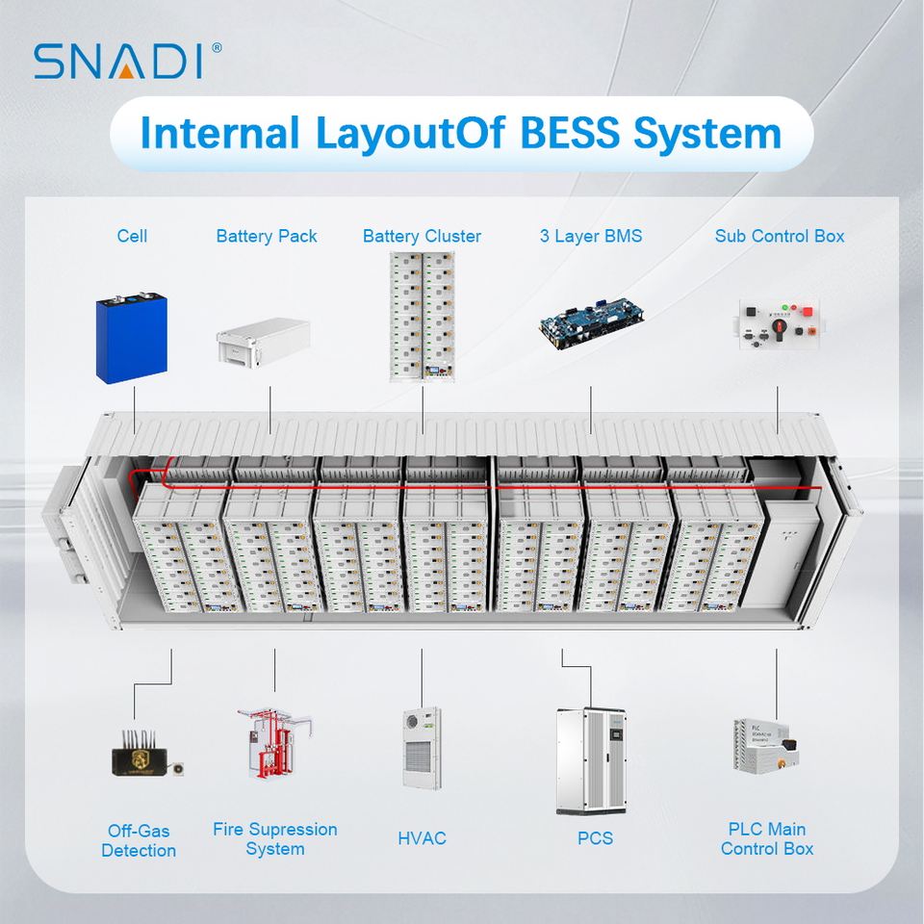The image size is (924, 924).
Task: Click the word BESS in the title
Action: tap(570, 133)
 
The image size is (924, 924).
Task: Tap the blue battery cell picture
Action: tap(132, 338)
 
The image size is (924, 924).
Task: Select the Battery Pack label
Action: tap(267, 237)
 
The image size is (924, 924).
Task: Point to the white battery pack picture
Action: tap(264, 343)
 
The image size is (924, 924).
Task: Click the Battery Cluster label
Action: tap(422, 237)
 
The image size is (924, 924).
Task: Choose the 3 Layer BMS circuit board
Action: tap(591, 323)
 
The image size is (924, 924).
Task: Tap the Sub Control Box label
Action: tap(779, 237)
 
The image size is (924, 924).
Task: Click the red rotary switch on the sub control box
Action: tap(780, 326)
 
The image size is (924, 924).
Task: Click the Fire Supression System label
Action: tap(275, 838)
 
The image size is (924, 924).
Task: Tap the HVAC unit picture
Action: tap(422, 749)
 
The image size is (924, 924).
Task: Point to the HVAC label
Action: tap(422, 838)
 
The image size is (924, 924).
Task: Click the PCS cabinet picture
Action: tap(591, 761)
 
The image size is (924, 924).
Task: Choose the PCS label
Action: tap(595, 838)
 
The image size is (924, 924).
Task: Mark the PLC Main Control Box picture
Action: tap(766, 746)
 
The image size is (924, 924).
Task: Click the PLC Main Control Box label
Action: tap(767, 838)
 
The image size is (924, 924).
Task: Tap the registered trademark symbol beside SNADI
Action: tap(217, 48)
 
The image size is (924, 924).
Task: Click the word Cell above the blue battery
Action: tap(132, 237)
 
